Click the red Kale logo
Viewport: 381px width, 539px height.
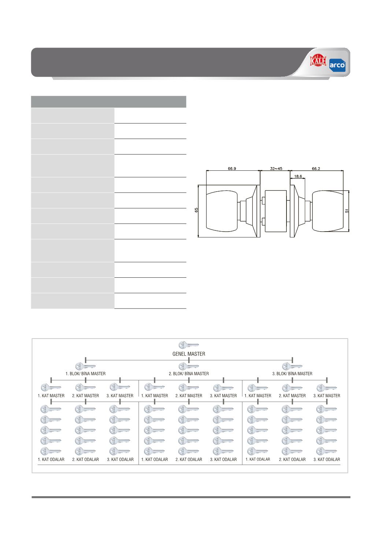click(x=318, y=60)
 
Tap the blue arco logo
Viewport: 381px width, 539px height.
click(x=337, y=65)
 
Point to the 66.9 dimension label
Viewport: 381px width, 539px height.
click(x=232, y=169)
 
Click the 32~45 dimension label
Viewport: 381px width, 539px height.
click(x=276, y=169)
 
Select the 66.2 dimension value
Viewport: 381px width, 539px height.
click(x=316, y=169)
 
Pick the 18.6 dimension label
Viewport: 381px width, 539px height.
click(x=298, y=176)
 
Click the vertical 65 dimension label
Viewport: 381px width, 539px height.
click(x=196, y=210)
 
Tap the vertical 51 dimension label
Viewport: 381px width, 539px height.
click(x=347, y=211)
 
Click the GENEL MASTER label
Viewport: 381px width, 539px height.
click(x=189, y=354)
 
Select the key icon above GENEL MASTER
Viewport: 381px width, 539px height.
click(x=189, y=345)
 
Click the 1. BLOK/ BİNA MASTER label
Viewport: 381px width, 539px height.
click(x=85, y=373)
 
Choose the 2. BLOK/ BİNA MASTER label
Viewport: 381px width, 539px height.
click(x=189, y=373)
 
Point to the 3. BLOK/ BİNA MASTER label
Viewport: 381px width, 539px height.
click(x=292, y=373)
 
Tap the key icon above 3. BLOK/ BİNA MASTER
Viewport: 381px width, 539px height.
click(x=292, y=366)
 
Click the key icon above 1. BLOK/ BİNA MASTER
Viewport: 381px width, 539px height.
click(x=85, y=366)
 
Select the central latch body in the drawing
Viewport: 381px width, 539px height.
click(x=275, y=211)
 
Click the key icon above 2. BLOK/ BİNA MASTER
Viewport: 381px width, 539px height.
click(x=189, y=366)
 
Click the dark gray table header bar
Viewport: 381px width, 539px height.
click(x=108, y=102)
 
